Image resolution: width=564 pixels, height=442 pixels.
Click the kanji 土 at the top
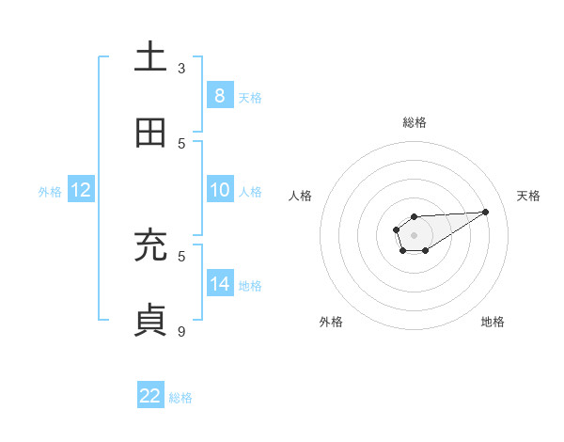point(150,57)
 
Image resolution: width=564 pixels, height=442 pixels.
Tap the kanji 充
point(150,245)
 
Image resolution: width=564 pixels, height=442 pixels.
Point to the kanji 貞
point(150,321)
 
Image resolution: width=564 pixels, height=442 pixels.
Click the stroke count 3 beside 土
point(181,68)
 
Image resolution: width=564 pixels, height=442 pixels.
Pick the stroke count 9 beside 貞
point(181,331)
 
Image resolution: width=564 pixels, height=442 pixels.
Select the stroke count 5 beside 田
point(181,143)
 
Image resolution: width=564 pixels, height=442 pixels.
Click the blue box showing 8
point(219,95)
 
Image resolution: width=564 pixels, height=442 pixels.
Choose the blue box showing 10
point(219,190)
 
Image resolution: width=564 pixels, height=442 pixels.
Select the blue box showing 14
point(219,283)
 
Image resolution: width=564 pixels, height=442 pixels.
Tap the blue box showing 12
point(81,190)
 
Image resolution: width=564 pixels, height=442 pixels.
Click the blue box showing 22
point(150,396)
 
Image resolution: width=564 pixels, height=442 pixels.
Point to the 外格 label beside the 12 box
point(50,191)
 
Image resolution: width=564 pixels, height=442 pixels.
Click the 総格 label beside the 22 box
point(180,398)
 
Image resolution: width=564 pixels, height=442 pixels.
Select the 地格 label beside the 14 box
point(250,285)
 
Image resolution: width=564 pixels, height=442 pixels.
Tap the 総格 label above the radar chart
point(414,122)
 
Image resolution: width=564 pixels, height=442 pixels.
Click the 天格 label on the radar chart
point(529,196)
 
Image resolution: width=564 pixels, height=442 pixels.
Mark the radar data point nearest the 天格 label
point(486,212)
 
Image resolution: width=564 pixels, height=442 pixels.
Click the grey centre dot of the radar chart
point(414,233)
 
